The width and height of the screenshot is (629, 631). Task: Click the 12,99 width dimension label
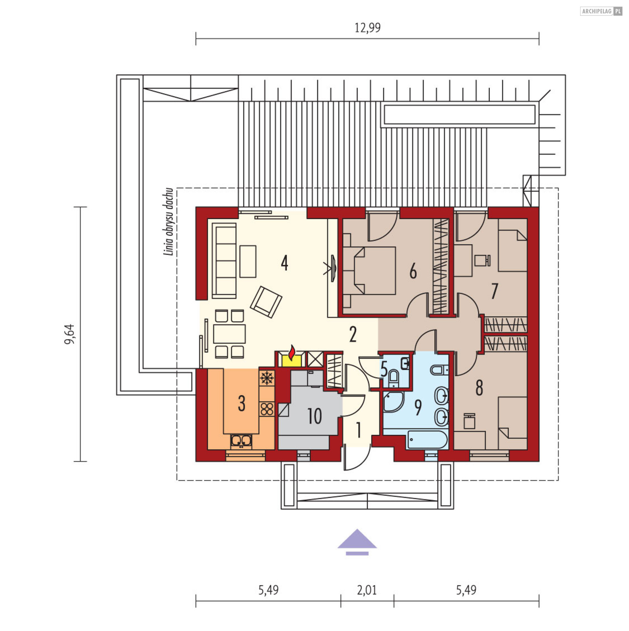[368, 28]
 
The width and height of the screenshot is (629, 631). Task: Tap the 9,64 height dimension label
[69, 334]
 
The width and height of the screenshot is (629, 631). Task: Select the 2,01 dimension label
[367, 590]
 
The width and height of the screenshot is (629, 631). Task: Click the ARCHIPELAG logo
[601, 11]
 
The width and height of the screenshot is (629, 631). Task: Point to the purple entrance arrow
[357, 542]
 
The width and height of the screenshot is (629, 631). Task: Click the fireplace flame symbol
[291, 353]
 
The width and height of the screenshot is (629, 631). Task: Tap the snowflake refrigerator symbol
[267, 378]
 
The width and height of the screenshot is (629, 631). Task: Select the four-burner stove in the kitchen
[267, 409]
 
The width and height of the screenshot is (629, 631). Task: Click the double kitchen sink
[241, 441]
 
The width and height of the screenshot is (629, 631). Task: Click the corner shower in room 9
[393, 401]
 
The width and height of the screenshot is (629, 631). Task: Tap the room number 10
[314, 417]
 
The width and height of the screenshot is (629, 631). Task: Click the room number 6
[413, 271]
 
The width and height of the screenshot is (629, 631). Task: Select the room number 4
[284, 263]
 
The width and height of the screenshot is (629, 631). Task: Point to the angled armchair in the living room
[266, 302]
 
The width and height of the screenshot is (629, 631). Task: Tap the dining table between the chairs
[229, 334]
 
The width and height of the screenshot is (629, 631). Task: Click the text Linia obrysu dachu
[168, 222]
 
